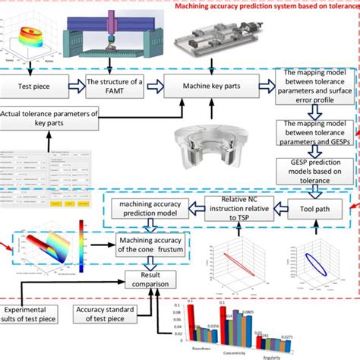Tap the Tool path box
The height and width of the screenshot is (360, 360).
tap(308, 205)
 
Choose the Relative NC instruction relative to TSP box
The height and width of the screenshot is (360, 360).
tap(238, 207)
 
